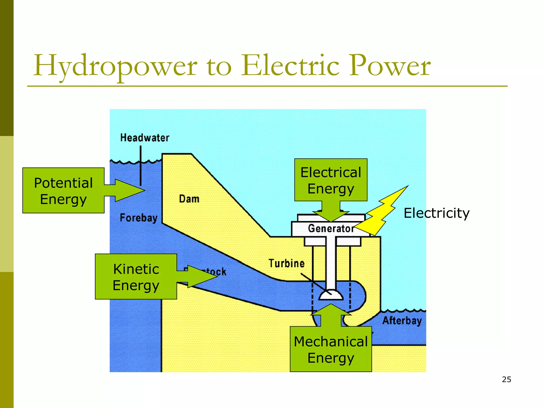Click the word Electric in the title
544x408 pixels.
click(290, 65)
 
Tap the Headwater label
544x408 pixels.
click(145, 138)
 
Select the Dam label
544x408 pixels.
click(189, 199)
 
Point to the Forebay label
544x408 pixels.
click(138, 218)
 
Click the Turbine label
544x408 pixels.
click(287, 263)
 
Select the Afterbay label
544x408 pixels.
click(402, 321)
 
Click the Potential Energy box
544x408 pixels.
click(63, 190)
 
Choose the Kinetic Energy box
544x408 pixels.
click(136, 277)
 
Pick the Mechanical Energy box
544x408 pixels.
click(331, 349)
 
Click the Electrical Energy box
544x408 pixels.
click(331, 180)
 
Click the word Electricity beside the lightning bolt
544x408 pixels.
click(436, 213)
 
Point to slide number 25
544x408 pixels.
click(507, 380)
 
